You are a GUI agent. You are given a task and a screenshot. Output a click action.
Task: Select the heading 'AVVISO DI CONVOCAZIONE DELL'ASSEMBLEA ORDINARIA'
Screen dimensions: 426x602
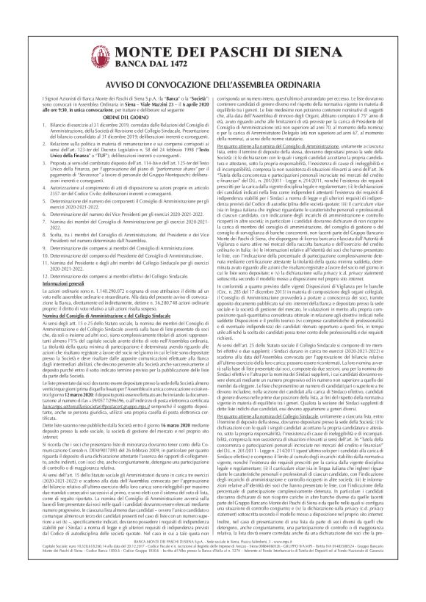(212, 79)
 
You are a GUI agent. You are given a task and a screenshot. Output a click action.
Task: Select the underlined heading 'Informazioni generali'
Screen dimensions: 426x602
(59, 261)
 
